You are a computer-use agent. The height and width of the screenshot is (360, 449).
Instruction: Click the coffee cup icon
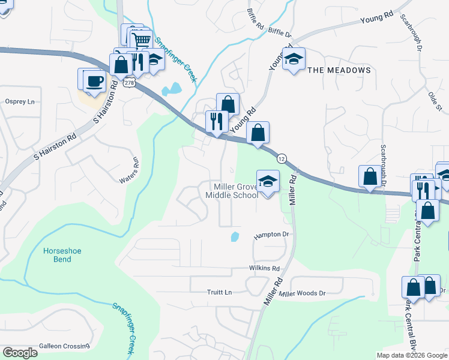(x=94, y=80)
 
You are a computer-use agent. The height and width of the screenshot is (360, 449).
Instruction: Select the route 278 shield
(x=129, y=83)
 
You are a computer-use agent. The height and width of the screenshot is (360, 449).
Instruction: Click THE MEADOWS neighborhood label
(x=339, y=70)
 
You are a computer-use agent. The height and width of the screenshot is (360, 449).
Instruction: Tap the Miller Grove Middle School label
(x=232, y=191)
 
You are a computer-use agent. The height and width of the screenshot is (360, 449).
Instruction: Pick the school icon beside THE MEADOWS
(x=294, y=59)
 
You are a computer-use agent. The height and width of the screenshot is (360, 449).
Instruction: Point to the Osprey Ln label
(x=20, y=101)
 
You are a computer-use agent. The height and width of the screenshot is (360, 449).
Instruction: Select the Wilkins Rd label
(x=264, y=269)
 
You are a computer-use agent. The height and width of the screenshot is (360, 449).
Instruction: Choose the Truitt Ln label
(x=219, y=292)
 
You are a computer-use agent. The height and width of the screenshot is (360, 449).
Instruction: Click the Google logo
(x=20, y=353)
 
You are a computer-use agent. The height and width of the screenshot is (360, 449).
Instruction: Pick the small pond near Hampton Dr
(x=235, y=236)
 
